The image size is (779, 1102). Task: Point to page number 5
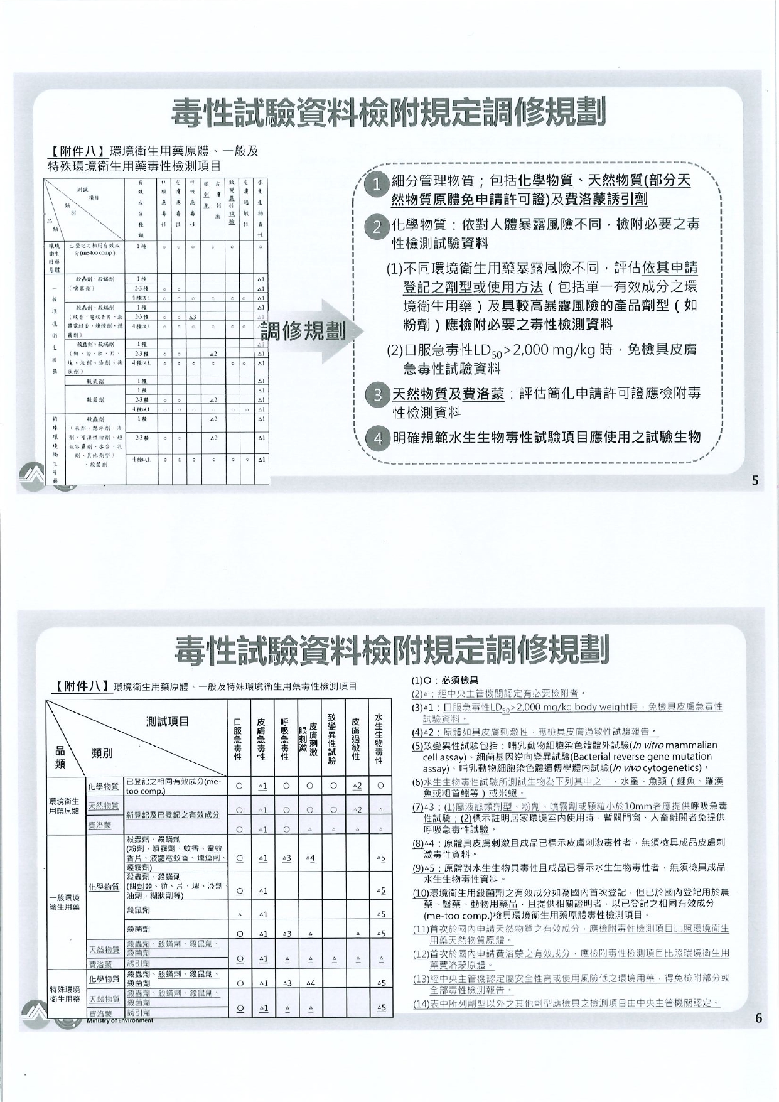click(755, 481)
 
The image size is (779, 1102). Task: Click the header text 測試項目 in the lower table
click(168, 721)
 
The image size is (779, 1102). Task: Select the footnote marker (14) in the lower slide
click(420, 1003)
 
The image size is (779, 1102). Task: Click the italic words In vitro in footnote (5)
click(644, 746)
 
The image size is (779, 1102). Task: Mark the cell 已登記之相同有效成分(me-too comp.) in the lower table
click(174, 786)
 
